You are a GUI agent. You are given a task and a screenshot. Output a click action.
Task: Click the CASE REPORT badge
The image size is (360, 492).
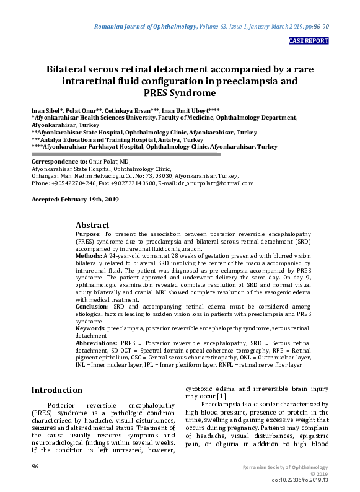tap(309, 41)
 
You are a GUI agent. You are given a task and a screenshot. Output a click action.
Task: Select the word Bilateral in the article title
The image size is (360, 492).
tap(72, 69)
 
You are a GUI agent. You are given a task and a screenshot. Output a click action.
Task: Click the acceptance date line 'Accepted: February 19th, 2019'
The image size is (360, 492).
tap(76, 200)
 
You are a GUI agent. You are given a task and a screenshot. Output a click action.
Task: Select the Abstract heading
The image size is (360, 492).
tap(92, 225)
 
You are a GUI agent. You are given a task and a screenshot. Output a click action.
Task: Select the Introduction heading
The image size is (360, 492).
tap(56, 390)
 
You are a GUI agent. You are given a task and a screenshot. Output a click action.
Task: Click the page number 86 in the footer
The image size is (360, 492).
tap(35, 466)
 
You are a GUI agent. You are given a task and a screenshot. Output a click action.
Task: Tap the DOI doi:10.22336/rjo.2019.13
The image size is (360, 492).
tap(300, 480)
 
